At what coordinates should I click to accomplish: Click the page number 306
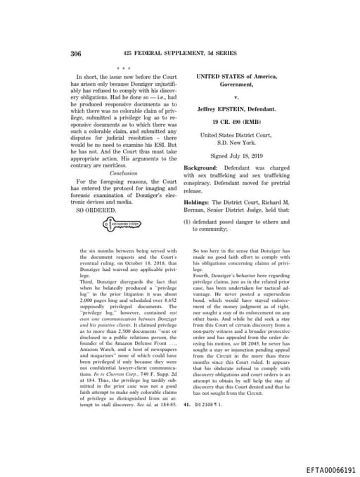tap(77, 53)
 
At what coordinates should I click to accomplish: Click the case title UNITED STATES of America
tap(236, 75)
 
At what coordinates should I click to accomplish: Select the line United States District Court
tap(236, 134)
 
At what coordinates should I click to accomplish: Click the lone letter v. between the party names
tap(236, 96)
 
